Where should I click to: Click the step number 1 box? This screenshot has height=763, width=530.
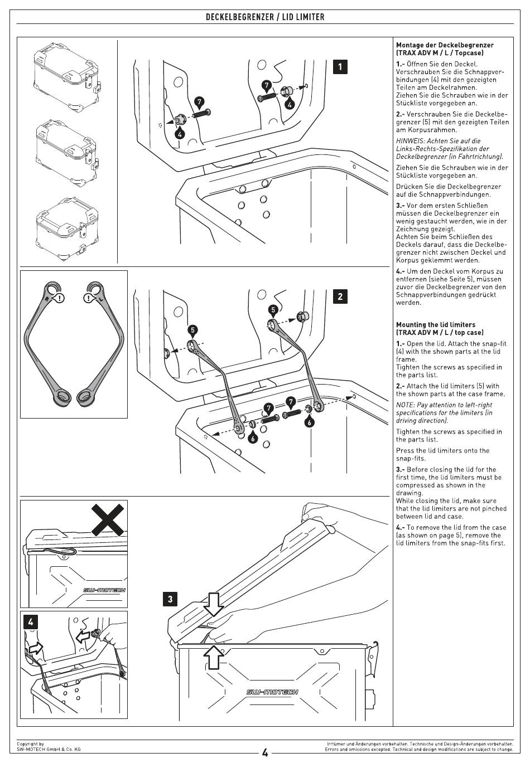pos(340,66)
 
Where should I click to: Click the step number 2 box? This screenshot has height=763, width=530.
pos(340,296)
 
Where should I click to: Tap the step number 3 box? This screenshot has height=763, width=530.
pos(170,599)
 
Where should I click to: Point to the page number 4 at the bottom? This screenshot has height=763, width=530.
pos(265,753)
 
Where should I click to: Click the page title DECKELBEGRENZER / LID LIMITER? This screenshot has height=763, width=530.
pos(265,17)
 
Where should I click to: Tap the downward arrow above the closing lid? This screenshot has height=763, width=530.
pos(213,603)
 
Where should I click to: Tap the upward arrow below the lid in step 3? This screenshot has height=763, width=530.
pos(213,656)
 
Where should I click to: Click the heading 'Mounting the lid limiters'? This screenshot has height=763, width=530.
pos(436,324)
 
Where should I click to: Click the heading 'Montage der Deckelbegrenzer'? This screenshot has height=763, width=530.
pos(445,45)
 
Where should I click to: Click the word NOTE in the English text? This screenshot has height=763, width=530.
pos(406,405)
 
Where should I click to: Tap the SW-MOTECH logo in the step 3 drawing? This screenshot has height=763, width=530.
pos(272,692)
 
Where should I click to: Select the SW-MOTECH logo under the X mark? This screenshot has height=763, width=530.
pos(104,590)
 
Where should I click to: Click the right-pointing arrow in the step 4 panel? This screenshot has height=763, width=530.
pos(34,648)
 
